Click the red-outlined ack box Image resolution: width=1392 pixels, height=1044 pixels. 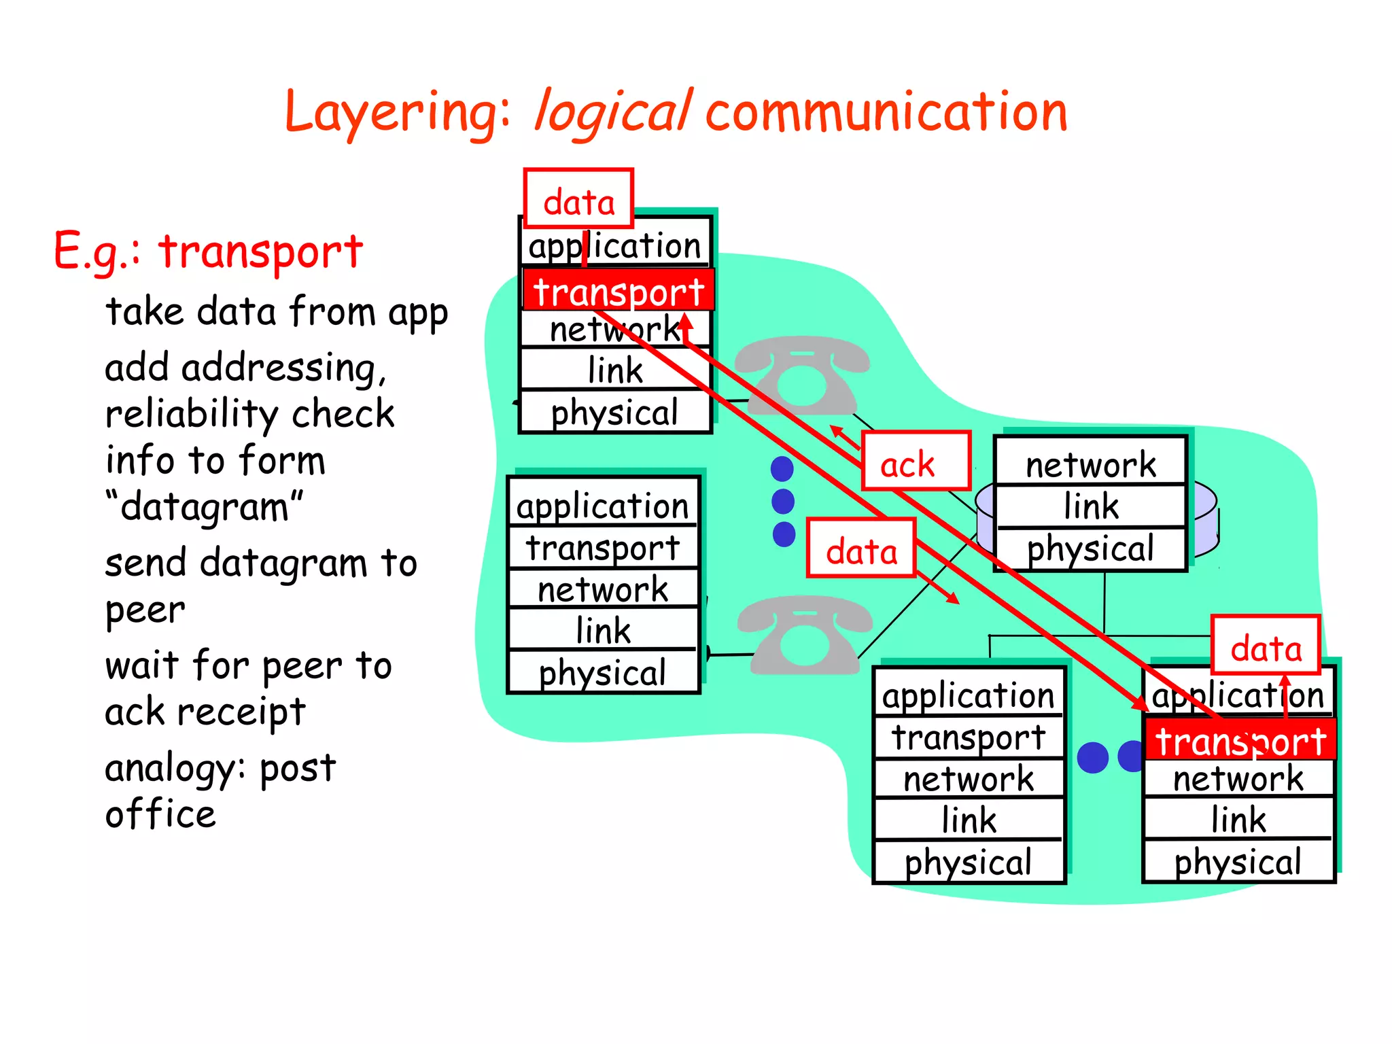(x=916, y=461)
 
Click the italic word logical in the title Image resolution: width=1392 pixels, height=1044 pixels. (x=613, y=113)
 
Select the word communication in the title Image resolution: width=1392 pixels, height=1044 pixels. (x=886, y=113)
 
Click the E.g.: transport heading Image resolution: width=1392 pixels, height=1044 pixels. (x=208, y=251)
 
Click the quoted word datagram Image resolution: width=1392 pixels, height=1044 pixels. (x=204, y=507)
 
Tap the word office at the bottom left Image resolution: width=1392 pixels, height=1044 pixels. (x=160, y=814)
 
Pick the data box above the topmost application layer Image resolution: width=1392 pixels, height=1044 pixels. (x=578, y=198)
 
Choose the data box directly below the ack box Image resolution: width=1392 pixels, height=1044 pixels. (x=861, y=548)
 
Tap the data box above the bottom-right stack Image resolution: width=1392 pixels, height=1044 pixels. (x=1266, y=645)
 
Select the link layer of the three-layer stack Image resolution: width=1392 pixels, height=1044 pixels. (x=1090, y=506)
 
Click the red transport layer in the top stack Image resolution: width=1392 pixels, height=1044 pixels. (x=618, y=291)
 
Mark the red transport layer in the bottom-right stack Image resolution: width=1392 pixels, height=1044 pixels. (x=1240, y=739)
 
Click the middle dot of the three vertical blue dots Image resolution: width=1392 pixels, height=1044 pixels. (x=783, y=502)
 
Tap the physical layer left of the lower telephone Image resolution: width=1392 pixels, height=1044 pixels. (x=603, y=672)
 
